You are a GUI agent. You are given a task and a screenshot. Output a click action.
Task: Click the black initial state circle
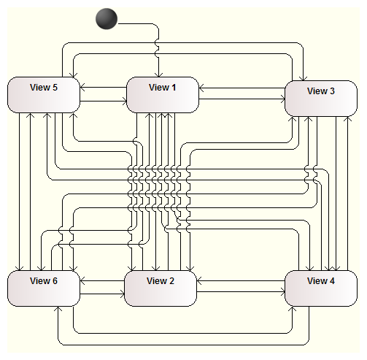coord(107,19)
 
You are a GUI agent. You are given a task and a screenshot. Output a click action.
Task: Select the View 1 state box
coord(163,95)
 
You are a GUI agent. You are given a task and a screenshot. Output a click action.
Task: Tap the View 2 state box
coord(161,288)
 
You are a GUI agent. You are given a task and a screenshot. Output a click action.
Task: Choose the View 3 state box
coord(321,99)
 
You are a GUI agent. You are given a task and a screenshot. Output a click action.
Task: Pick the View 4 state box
coord(321,288)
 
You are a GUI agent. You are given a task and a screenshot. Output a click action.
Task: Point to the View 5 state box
coord(44,95)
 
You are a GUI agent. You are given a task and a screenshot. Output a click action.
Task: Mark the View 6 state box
coord(44,288)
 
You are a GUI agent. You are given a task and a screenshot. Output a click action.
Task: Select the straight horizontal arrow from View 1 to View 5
coord(104,87)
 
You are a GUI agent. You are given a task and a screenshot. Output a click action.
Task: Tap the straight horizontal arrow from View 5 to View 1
coord(104,101)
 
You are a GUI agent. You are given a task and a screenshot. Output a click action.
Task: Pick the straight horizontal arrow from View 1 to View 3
coord(242,99)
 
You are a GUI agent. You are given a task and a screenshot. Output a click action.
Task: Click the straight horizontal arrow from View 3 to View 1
coord(242,88)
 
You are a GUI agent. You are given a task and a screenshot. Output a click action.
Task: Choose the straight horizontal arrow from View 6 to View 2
coord(102,294)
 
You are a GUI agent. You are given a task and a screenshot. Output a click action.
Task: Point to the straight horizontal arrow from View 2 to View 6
coord(102,280)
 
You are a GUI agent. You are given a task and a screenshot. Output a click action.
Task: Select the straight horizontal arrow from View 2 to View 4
coord(241,291)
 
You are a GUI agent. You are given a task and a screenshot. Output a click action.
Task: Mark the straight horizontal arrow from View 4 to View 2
coord(241,281)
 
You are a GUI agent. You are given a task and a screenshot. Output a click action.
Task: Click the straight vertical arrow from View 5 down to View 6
coord(19,192)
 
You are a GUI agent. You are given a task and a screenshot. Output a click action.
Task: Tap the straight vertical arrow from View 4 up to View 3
coord(348,194)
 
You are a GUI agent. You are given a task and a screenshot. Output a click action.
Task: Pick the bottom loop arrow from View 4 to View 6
coord(184,345)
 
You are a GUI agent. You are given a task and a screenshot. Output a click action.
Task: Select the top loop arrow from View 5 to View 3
coord(183,43)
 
